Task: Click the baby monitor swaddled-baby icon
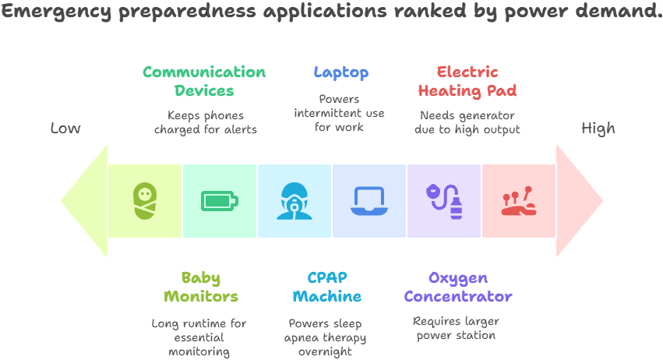coord(145,200)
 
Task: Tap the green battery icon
coord(219,201)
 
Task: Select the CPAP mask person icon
coord(294,201)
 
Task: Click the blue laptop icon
coord(369,201)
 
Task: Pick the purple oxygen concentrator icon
coord(444,201)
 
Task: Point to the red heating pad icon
coord(518,201)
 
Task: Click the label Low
coord(65,129)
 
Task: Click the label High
coord(598,129)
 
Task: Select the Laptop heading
coord(340,72)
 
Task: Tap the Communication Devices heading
coord(204,81)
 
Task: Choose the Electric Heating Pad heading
coord(467,81)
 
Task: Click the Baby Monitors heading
coord(200,287)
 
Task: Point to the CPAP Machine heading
coord(327,287)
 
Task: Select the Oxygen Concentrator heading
coord(458,287)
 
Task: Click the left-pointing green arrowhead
coord(84,200)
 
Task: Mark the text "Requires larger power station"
coord(456,328)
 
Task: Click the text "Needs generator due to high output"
coord(465,122)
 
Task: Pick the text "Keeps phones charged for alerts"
coord(206,122)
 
